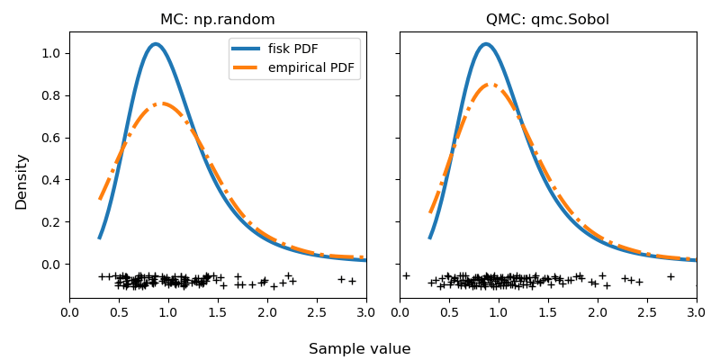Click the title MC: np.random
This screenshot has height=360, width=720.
click(218, 20)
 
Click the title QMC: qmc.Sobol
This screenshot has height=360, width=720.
click(548, 20)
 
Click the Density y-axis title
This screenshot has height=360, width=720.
click(22, 181)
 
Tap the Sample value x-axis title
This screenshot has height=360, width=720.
click(359, 349)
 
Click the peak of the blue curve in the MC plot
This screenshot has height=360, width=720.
click(156, 44)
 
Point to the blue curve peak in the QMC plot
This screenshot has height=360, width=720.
click(486, 44)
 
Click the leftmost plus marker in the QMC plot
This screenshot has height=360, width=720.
click(406, 275)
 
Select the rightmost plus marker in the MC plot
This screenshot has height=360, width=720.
click(352, 281)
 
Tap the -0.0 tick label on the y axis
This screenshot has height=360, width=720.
click(49, 265)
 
